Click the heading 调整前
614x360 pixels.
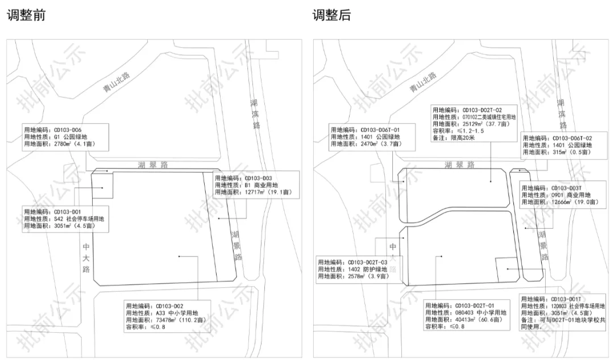[x=26, y=15]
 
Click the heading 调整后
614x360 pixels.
[x=331, y=15]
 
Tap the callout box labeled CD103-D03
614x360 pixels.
[x=254, y=185]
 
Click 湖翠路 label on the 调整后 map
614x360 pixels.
[x=459, y=165]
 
